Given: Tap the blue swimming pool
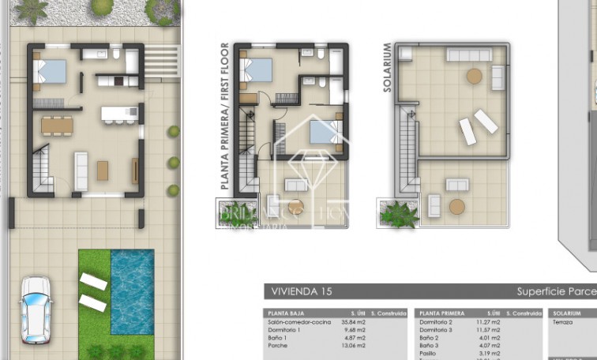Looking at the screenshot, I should coord(132,291).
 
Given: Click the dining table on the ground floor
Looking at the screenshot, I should coord(57,125).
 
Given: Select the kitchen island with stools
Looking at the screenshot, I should coord(118,114).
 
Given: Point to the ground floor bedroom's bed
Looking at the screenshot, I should coord(49,72).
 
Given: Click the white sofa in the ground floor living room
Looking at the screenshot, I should coord(81,169).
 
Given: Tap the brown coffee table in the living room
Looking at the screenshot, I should coord(103,170).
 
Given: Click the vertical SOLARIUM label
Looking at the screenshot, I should coord(387,68).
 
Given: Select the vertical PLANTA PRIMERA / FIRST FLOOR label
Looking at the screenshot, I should coord(225,116).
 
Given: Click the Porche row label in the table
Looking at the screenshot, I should coord(277,345).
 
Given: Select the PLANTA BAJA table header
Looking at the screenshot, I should coord(287,313).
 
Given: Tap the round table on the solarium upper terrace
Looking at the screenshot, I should coord(474,77).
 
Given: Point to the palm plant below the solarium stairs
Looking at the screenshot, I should coord(398,213).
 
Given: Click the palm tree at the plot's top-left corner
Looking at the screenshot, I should coord(32,9).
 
